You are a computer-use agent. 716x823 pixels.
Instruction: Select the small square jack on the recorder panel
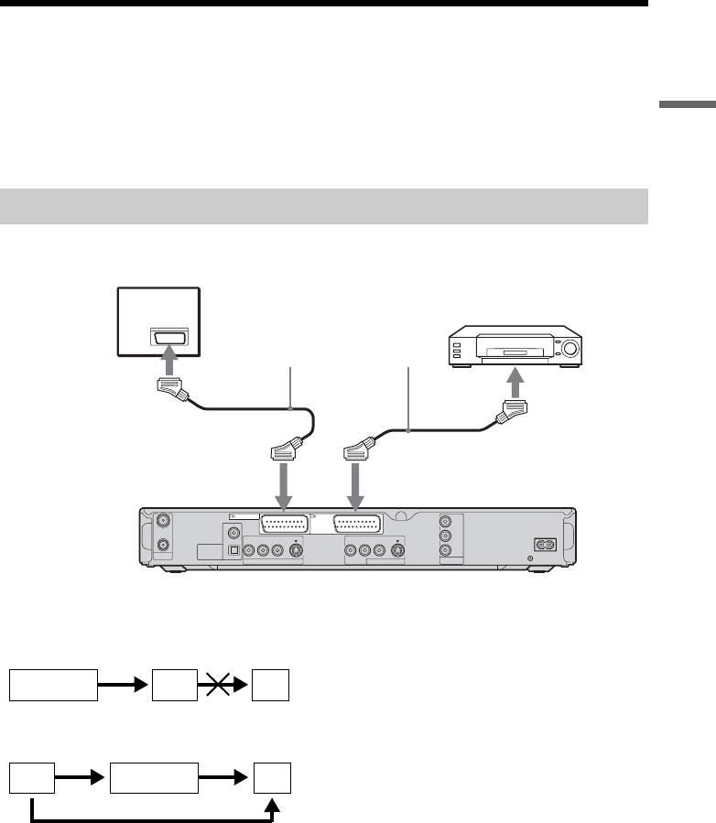coord(235,551)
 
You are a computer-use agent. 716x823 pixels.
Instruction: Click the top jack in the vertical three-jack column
coord(446,518)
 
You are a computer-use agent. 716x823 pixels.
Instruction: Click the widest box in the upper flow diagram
coord(53,685)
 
